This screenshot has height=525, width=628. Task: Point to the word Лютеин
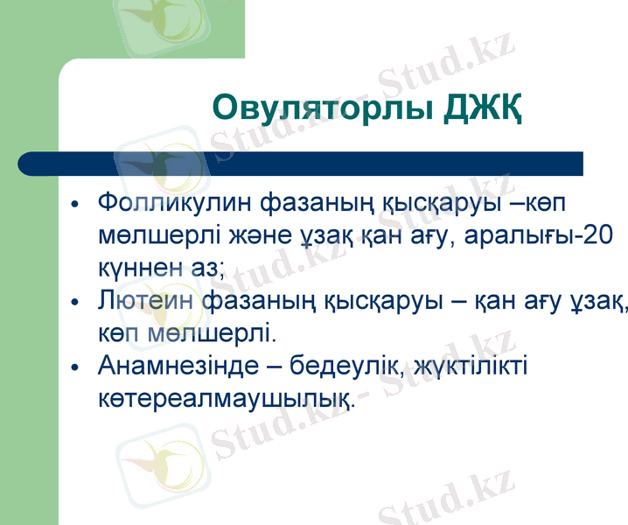145,302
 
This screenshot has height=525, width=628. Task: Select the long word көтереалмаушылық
227,397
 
